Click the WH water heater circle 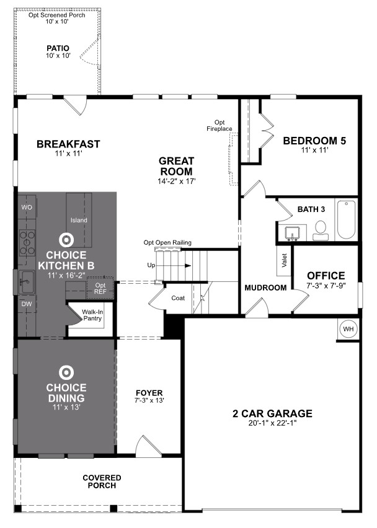tap(347, 328)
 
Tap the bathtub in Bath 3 tap(345, 220)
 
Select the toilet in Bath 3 tap(320, 231)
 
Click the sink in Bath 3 tap(291, 234)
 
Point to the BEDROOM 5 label tap(314, 141)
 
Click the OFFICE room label tap(326, 276)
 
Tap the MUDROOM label tap(265, 288)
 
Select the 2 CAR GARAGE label tap(273, 414)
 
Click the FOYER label tap(149, 393)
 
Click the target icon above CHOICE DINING tap(65, 372)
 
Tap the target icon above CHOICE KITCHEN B tap(65, 240)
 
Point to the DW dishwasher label tap(27, 304)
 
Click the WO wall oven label tap(27, 207)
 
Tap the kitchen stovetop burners tap(27, 242)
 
